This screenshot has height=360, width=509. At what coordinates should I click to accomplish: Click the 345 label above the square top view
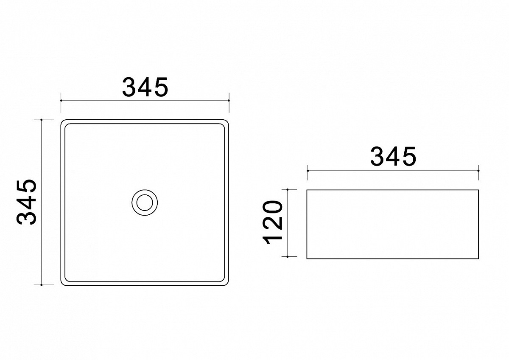[x=145, y=87]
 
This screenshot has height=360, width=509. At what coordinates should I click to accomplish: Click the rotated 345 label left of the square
[x=26, y=202]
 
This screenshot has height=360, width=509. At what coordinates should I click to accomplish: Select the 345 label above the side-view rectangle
[x=393, y=157]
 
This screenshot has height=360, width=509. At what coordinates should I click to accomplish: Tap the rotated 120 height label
[x=272, y=222]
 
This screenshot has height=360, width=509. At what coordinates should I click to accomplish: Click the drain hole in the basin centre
[x=145, y=202]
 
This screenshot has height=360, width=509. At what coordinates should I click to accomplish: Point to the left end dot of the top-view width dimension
[x=61, y=100]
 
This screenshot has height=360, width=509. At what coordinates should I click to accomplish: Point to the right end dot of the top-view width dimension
[x=229, y=100]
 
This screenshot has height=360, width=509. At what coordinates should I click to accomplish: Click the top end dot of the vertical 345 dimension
[x=42, y=120]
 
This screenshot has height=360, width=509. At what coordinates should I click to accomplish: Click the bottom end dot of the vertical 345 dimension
[x=42, y=285]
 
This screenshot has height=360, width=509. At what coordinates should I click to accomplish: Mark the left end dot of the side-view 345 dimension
[x=308, y=171]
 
